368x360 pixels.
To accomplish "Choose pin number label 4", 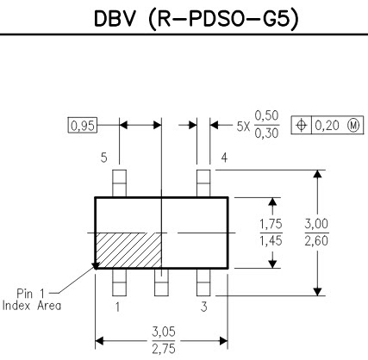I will [224, 158].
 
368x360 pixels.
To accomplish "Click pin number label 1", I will [117, 305].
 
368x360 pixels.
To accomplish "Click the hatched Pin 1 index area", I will [128, 251].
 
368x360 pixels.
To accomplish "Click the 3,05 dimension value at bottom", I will [160, 332].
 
